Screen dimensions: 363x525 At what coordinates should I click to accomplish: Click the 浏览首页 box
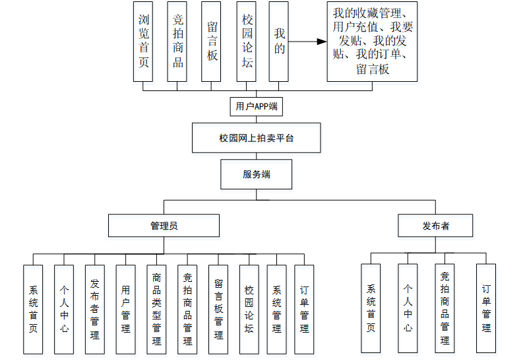pyautogui.click(x=143, y=41)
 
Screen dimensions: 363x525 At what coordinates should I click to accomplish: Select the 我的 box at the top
pyautogui.click(x=279, y=41)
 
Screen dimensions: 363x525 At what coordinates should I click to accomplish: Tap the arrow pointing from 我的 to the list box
pyautogui.click(x=308, y=42)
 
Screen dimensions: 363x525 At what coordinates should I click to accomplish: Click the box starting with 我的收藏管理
pyautogui.click(x=372, y=41)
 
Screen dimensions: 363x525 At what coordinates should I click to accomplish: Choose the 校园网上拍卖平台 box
pyautogui.click(x=257, y=139)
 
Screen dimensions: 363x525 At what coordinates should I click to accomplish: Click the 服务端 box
pyautogui.click(x=257, y=175)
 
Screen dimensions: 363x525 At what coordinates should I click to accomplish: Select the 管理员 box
pyautogui.click(x=164, y=226)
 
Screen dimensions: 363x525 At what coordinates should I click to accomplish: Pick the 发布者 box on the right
pyautogui.click(x=435, y=226)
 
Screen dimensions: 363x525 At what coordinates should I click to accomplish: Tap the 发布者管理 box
pyautogui.click(x=95, y=309)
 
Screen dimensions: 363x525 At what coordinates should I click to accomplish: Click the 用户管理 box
pyautogui.click(x=126, y=309)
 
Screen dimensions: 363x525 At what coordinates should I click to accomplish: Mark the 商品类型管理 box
pyautogui.click(x=157, y=309)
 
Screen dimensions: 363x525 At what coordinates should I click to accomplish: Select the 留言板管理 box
pyautogui.click(x=218, y=309)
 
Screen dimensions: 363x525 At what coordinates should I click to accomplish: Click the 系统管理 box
pyautogui.click(x=277, y=309)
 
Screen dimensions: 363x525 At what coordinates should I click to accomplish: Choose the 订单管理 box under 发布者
pyautogui.click(x=486, y=308)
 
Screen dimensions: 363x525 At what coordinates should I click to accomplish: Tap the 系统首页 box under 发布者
pyautogui.click(x=371, y=308)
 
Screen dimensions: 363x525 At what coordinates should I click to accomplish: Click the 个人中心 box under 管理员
pyautogui.click(x=64, y=309)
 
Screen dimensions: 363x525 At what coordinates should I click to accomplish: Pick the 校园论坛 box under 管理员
pyautogui.click(x=249, y=309)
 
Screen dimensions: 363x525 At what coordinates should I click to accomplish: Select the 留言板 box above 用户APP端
pyautogui.click(x=211, y=41)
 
